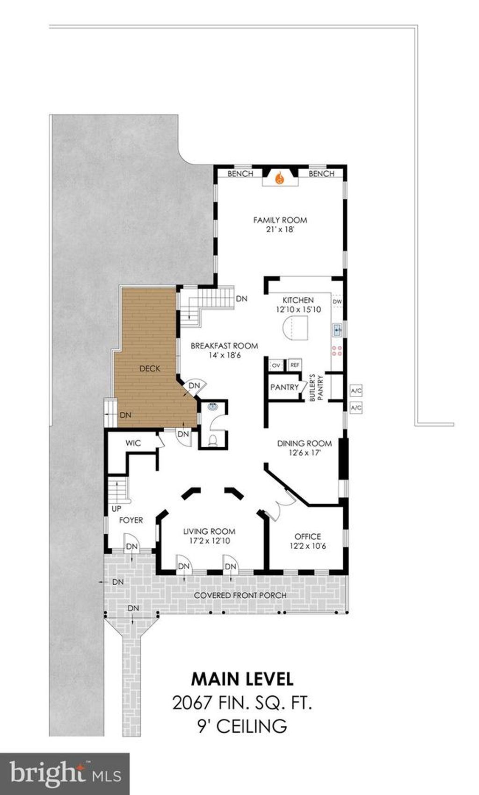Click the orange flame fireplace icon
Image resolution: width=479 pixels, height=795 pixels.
(x=280, y=178)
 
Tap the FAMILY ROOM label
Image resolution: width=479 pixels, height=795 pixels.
(x=280, y=220)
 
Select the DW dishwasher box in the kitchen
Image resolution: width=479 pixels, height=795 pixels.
(x=337, y=301)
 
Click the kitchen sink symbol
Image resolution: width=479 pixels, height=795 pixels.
(x=337, y=331)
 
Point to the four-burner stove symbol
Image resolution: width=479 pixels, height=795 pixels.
(x=337, y=351)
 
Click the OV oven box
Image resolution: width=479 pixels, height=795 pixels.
(x=276, y=365)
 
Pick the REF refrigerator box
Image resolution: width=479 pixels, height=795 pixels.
(x=295, y=365)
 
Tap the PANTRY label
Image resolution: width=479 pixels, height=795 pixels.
(x=284, y=387)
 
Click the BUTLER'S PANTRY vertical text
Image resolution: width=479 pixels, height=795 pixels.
(x=316, y=388)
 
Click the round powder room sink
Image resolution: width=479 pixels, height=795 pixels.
(x=213, y=407)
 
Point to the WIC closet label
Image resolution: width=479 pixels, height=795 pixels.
(x=133, y=443)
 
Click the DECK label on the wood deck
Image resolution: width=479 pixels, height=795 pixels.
(x=150, y=369)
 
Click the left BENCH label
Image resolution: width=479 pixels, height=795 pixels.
(x=240, y=173)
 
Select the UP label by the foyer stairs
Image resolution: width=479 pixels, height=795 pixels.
(x=116, y=509)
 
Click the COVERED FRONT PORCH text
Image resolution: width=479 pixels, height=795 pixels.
(x=240, y=595)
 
